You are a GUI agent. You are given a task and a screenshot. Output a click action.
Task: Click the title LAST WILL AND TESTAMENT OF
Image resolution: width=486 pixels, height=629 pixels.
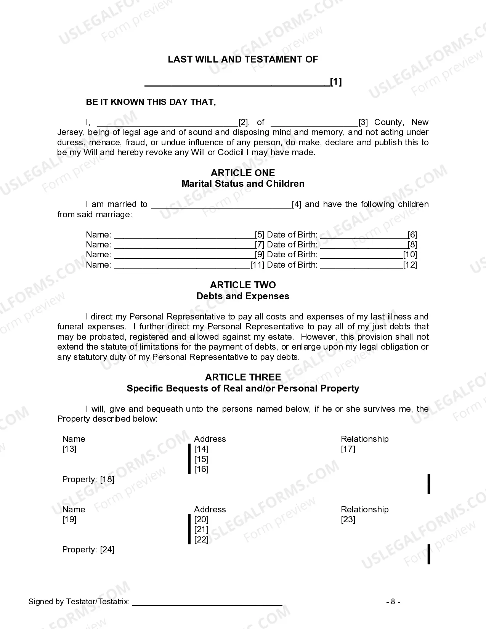click(243, 59)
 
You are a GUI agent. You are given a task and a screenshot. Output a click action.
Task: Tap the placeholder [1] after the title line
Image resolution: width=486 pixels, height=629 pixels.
click(336, 82)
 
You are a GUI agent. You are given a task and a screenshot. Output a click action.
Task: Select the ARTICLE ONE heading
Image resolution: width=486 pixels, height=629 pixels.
click(243, 173)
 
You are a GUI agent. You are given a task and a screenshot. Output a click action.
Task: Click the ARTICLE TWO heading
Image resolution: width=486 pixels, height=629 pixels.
click(243, 285)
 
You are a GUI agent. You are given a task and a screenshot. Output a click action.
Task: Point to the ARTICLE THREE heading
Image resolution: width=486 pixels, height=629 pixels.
click(243, 377)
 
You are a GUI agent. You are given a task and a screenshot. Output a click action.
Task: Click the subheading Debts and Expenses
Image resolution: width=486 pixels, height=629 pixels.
click(243, 296)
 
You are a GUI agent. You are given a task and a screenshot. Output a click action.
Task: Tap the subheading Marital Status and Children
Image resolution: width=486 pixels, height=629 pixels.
click(243, 184)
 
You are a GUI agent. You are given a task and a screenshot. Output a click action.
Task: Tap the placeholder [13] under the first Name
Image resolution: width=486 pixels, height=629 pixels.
click(69, 449)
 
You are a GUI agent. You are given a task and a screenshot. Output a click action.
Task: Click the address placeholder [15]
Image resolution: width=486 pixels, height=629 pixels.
click(201, 459)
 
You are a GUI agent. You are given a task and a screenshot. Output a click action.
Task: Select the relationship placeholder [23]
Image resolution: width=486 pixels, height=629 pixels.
click(348, 520)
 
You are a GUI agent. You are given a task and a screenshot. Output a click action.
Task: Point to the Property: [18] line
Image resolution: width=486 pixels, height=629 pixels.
click(88, 480)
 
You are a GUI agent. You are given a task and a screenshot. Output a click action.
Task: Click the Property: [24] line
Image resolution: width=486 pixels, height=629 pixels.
click(88, 550)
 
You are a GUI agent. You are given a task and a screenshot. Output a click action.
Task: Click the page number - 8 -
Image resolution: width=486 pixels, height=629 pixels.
click(393, 602)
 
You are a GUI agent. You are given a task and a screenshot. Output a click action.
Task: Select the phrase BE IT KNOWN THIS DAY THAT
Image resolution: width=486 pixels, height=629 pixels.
click(151, 102)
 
